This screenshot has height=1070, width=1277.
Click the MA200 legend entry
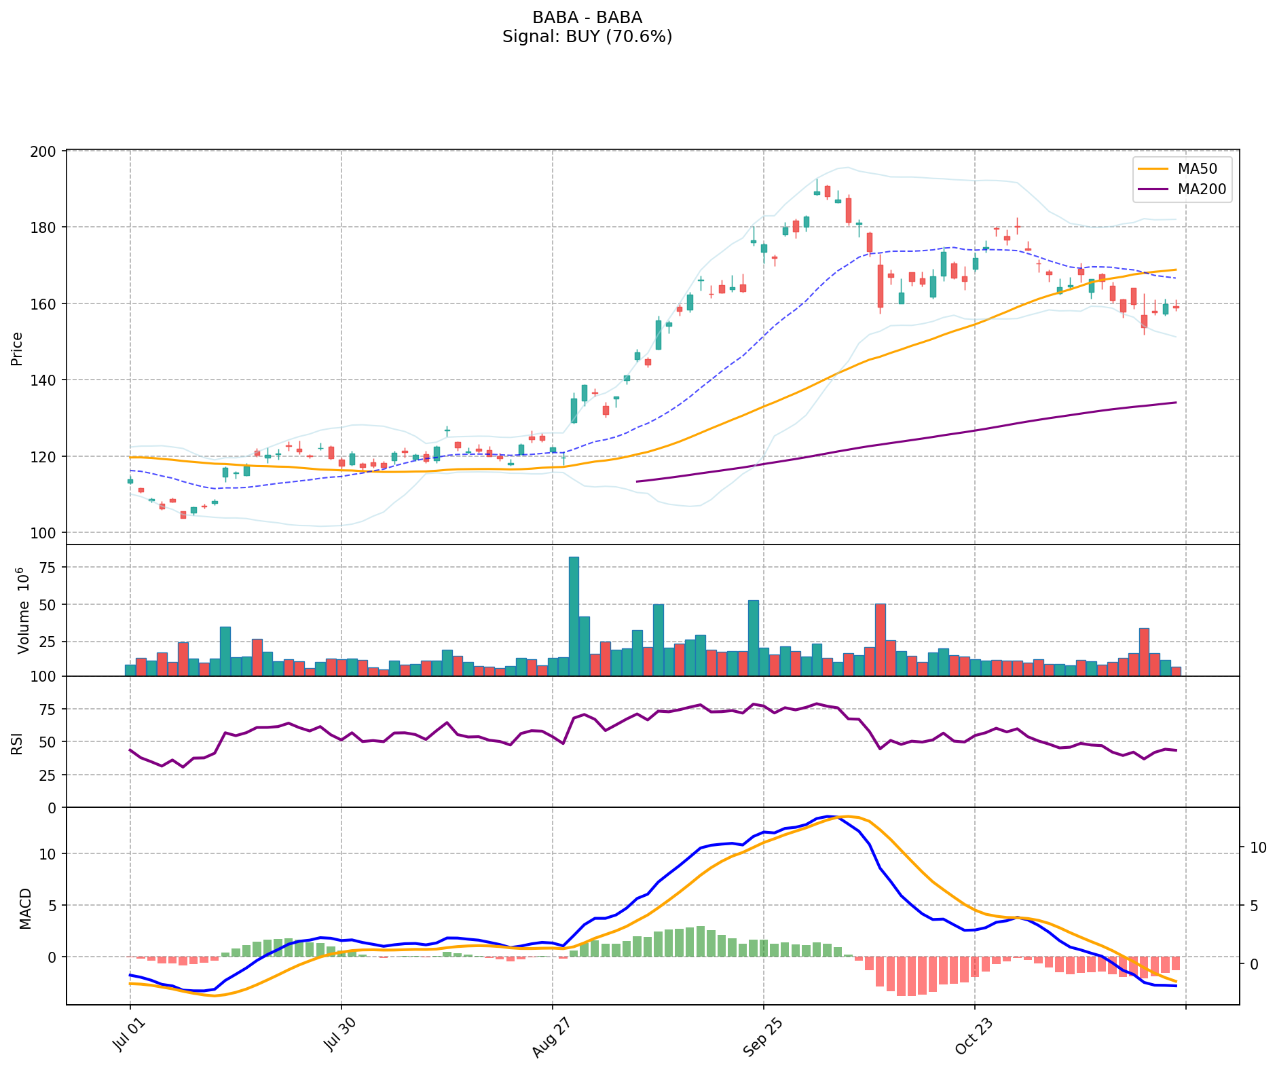[x=1202, y=189]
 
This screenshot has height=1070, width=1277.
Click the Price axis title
[x=17, y=348]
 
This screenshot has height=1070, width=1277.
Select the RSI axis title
[x=17, y=742]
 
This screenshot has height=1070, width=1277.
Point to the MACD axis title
[x=25, y=908]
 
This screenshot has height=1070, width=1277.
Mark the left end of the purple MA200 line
[x=636, y=481]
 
